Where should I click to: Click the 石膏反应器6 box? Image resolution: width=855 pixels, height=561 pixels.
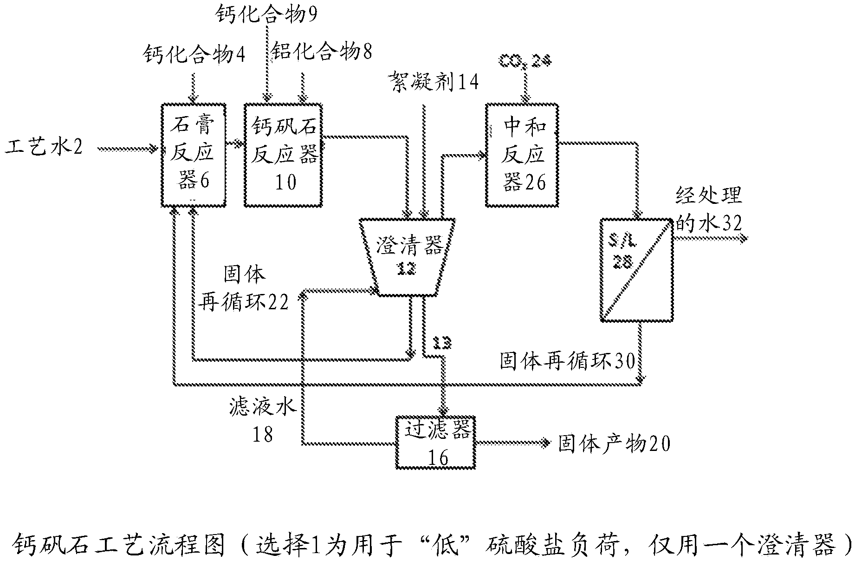pyautogui.click(x=193, y=155)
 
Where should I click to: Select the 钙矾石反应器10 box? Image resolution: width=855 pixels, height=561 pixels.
pyautogui.click(x=284, y=155)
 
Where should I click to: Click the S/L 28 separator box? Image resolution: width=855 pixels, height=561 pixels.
pyautogui.click(x=636, y=269)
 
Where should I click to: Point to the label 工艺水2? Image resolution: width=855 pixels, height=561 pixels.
pyautogui.click(x=44, y=149)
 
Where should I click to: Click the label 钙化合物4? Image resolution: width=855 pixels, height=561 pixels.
pyautogui.click(x=194, y=55)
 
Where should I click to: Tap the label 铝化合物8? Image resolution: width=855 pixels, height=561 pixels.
pyautogui.click(x=322, y=52)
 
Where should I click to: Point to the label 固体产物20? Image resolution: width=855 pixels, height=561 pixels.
pyautogui.click(x=614, y=444)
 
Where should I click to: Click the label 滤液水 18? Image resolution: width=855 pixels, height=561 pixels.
pyautogui.click(x=263, y=420)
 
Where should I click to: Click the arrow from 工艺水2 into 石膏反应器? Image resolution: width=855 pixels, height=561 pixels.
pyautogui.click(x=128, y=149)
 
